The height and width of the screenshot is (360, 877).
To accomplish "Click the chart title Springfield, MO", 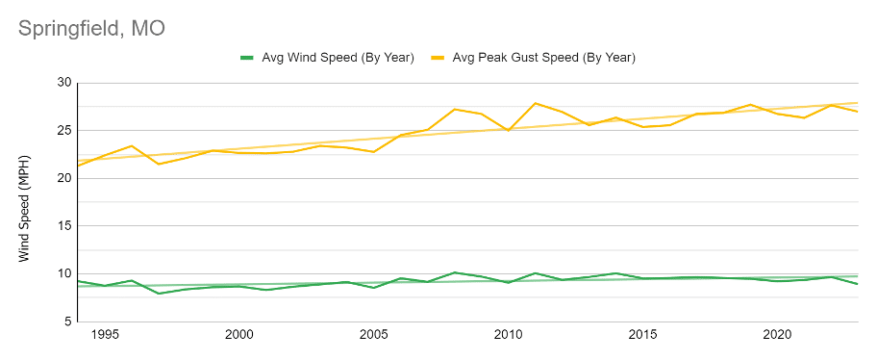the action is [x=91, y=29].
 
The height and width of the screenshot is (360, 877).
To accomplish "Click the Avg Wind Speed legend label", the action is [x=338, y=58].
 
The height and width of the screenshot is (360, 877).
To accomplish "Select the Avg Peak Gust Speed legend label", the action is [x=543, y=58].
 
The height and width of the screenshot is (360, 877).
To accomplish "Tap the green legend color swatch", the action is [x=248, y=58].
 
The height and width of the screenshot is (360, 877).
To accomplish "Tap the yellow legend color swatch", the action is [x=438, y=58].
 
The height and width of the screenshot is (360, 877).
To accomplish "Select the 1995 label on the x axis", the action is [x=105, y=335].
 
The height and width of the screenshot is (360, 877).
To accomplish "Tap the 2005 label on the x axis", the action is [x=374, y=335].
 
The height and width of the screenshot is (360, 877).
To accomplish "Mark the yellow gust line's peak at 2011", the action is [x=536, y=103].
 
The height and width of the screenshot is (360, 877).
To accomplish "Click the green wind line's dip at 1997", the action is [x=159, y=294].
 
